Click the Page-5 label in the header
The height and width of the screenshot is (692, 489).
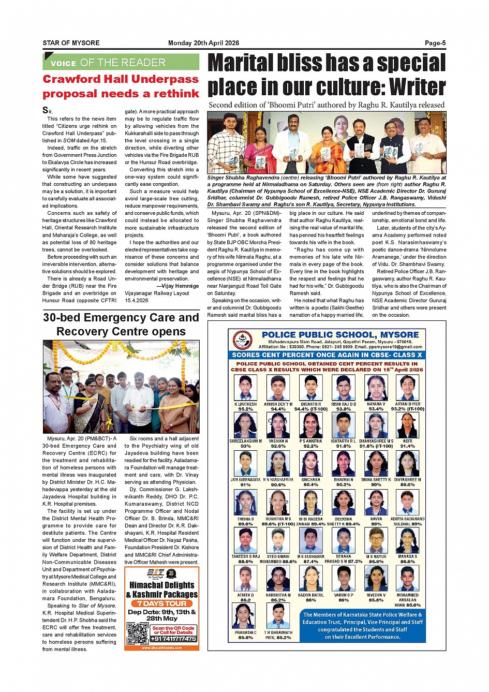[x=435, y=43]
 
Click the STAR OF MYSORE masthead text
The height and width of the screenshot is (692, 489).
[x=71, y=43]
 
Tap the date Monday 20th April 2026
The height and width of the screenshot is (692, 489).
[x=203, y=43]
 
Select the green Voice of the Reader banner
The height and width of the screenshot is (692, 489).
[x=121, y=62]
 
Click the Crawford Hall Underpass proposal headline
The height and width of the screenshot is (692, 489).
[x=121, y=86]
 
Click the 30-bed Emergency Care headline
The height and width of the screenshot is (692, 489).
[x=121, y=325]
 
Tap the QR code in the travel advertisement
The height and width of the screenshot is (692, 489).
[x=138, y=634]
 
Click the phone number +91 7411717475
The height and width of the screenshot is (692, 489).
[x=173, y=639]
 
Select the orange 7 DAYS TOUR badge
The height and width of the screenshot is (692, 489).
[x=161, y=603]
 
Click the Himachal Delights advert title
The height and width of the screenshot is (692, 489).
[x=161, y=590]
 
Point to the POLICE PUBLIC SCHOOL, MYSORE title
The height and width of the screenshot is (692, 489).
[x=340, y=335]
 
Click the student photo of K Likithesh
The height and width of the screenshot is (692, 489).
[x=245, y=388]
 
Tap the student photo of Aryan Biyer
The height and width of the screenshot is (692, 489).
[x=408, y=388]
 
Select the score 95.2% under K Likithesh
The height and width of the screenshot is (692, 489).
[x=245, y=409]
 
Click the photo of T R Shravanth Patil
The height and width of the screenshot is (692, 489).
[x=278, y=616]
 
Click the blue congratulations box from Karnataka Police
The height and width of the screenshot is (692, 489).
[x=362, y=626]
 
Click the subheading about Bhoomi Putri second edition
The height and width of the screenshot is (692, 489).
[x=327, y=105]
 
